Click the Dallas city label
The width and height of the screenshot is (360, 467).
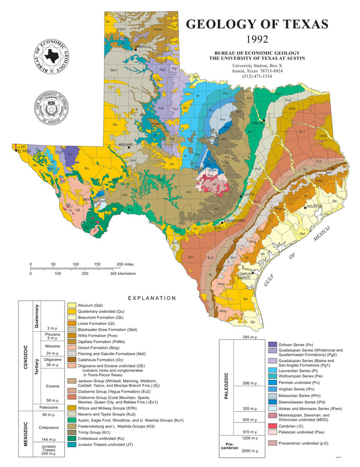click(257, 122)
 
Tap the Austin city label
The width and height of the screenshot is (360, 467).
click(249, 194)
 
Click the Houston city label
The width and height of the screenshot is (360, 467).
click(314, 206)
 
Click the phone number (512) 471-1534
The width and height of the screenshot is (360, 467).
click(257, 77)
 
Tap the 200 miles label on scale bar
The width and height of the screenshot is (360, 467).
click(125, 264)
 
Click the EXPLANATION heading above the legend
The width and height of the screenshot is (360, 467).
click(152, 298)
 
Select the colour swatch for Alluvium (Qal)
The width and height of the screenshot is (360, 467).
click(72, 305)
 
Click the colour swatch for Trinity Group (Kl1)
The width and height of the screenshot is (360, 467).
click(72, 432)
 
